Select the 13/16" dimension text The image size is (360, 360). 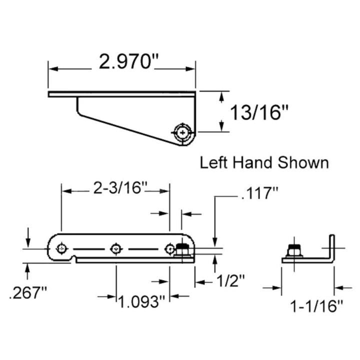tap(260, 112)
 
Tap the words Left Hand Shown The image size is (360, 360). tap(264, 162)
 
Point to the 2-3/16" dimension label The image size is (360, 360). tap(120, 189)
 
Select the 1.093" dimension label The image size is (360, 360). tap(142, 302)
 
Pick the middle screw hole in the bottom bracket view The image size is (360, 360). tap(116, 248)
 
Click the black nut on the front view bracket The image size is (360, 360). tap(183, 248)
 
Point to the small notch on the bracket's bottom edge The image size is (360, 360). tap(73, 258)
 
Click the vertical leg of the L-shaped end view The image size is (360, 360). tap(331, 247)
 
